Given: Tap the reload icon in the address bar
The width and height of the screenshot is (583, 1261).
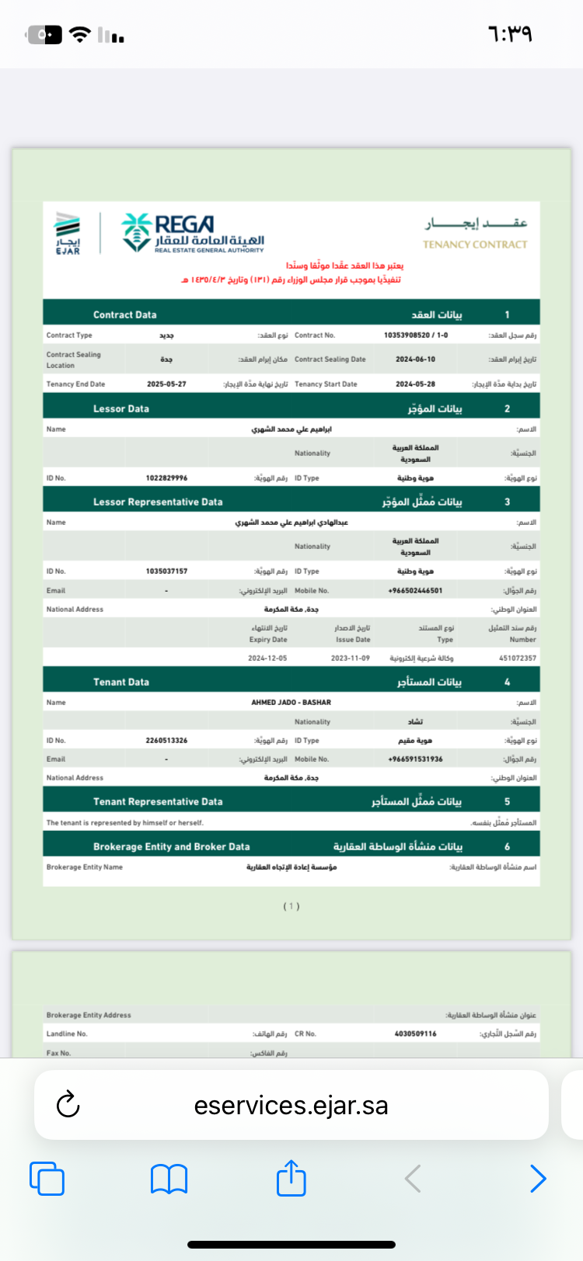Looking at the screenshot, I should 68,1104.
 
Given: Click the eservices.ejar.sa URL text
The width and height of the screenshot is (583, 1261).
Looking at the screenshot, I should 291,1105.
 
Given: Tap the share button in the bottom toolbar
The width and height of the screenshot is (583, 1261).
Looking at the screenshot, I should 291,1178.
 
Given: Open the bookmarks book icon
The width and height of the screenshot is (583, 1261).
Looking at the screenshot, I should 169,1179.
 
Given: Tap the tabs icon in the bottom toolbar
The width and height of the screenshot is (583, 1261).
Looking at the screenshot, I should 47,1179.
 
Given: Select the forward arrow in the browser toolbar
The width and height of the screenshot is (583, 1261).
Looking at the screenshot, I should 537,1179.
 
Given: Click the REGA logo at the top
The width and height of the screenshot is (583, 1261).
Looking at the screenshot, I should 193,233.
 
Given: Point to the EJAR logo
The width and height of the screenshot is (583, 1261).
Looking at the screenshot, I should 68,233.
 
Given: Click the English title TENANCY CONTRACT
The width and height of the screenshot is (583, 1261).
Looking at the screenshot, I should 475,245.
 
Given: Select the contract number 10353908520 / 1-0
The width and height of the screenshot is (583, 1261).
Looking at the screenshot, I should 416,335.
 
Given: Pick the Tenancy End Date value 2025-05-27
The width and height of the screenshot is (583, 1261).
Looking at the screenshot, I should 166,384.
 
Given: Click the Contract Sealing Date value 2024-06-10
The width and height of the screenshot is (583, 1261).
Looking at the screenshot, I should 415,360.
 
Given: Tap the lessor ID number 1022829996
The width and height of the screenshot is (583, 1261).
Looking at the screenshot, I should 166,478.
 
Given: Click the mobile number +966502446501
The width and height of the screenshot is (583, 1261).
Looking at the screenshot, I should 415,591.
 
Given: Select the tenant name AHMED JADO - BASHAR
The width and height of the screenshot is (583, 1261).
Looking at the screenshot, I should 291,703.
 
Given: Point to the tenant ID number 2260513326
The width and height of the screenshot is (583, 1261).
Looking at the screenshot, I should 166,741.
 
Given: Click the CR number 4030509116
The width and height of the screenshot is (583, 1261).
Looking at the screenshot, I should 415,1034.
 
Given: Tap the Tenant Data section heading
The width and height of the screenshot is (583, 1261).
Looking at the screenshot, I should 121,683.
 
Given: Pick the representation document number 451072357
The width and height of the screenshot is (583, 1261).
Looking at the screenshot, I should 518,658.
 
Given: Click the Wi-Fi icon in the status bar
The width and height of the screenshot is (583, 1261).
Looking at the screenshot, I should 79,34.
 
